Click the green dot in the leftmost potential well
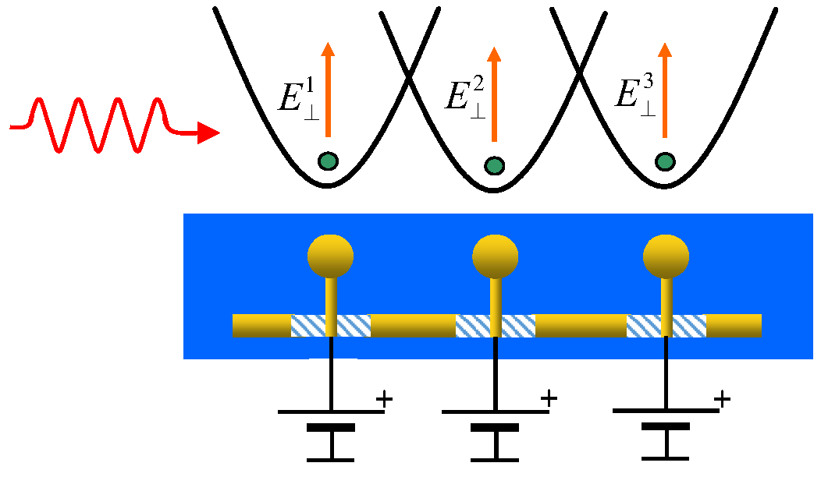[x=329, y=161]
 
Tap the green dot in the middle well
[x=494, y=165]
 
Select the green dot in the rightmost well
[x=665, y=161]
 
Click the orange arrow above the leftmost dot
[x=329, y=90]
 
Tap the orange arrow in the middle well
[x=494, y=94]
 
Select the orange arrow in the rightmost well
[x=665, y=90]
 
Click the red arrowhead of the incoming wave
[x=208, y=133]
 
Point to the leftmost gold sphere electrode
[x=330, y=254]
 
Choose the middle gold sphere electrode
[x=496, y=254]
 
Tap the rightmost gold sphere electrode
[x=666, y=254]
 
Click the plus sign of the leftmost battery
[x=384, y=400]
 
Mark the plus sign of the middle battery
[x=549, y=398]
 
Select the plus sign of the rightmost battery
[x=723, y=400]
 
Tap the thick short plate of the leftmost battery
[x=332, y=427]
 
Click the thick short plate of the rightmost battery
[x=666, y=426]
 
